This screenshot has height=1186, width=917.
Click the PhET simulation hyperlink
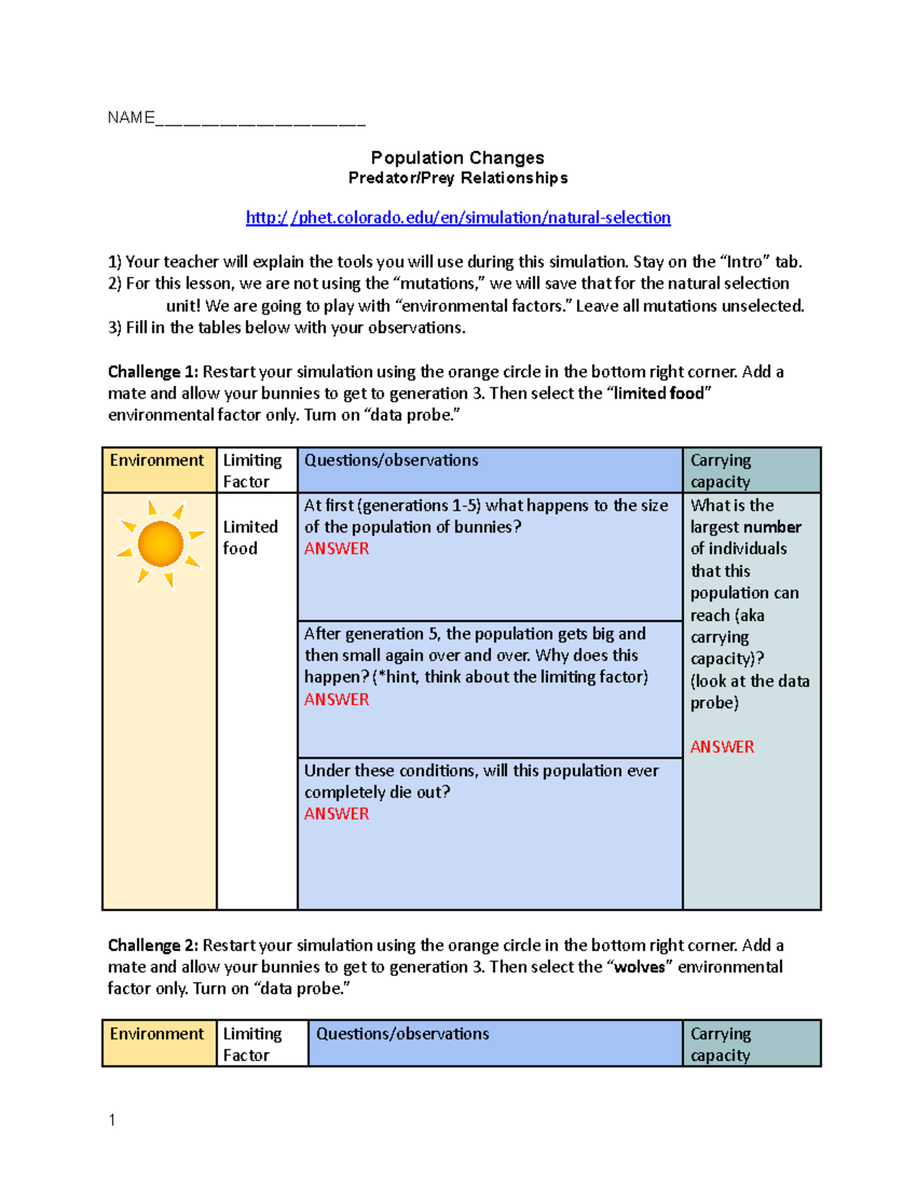[458, 218]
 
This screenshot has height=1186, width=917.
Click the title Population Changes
[457, 158]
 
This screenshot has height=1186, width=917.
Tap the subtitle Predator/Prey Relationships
[458, 178]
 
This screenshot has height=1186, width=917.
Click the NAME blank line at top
[260, 119]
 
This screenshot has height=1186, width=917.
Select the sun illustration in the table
[160, 544]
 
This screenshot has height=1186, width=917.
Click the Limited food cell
[250, 538]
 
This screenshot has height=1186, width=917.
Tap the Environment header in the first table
[157, 461]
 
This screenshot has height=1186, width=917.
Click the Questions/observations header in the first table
[391, 461]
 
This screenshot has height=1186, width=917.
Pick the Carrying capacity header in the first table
[721, 470]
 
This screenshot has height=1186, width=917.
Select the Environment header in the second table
[157, 1034]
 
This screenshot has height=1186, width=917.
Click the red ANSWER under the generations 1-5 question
[336, 549]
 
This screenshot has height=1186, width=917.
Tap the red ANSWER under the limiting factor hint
[336, 700]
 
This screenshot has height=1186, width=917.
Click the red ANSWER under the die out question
[336, 814]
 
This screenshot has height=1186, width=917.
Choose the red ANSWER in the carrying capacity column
[722, 747]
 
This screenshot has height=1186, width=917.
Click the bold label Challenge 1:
[153, 372]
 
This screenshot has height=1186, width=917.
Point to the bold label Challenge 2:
[153, 945]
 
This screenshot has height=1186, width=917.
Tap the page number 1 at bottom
[112, 1120]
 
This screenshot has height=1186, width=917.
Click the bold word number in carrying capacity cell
[774, 527]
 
